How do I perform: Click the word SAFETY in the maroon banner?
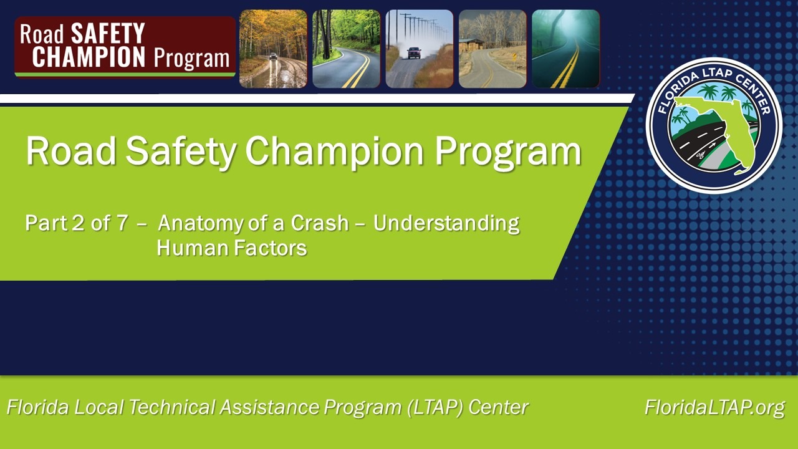tap(108, 33)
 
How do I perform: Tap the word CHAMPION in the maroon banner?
tap(89, 57)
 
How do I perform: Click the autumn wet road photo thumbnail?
tap(273, 49)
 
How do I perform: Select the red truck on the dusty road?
tap(414, 53)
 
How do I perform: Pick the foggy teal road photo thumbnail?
tap(565, 49)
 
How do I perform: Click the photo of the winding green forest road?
tap(346, 49)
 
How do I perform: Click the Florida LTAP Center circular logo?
tap(714, 125)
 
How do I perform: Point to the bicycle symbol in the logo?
tap(701, 155)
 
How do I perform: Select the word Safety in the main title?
tap(181, 151)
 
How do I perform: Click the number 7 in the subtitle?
tap(122, 223)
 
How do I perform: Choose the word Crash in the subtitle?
tap(320, 223)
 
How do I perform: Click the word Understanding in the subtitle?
tap(446, 224)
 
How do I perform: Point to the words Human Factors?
tap(232, 248)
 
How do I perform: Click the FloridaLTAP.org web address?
tap(714, 407)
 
